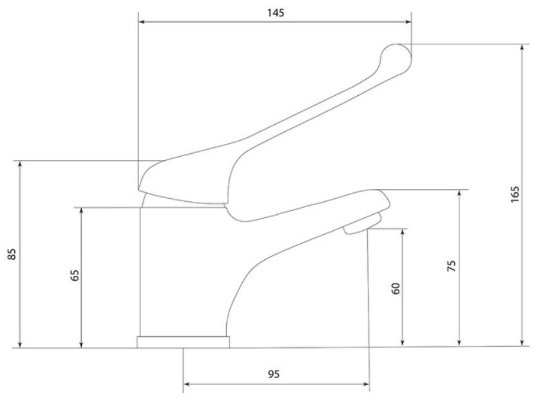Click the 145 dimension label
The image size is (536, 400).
tap(276, 13)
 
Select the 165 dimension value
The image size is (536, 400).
tap(515, 194)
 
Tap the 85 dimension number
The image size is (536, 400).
tap(12, 254)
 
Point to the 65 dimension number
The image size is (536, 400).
tap(75, 275)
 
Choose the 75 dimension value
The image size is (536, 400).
tap(452, 266)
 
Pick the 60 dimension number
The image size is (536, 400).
tap(396, 288)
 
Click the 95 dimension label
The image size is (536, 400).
tap(273, 374)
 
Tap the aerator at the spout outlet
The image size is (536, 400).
tap(362, 224)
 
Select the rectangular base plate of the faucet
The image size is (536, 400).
tap(183, 342)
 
